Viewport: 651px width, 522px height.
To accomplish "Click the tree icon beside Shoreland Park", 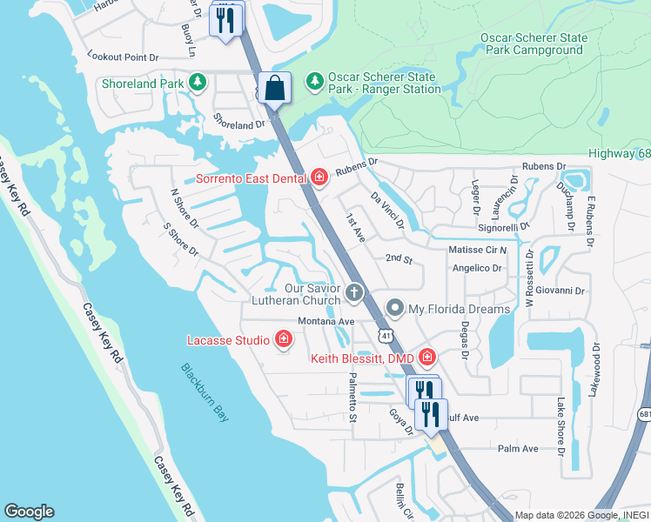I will pos(198,83).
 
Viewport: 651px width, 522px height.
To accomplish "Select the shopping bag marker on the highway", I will pos(274,89).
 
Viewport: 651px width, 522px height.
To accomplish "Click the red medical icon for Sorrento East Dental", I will pos(319,178).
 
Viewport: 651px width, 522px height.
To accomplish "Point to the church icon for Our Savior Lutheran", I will pos(354,293).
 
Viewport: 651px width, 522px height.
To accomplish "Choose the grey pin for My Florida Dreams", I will pos(395,308).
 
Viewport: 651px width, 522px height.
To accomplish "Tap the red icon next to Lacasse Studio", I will pos(283,339).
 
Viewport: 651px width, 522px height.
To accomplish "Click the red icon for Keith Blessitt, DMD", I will pos(426,357).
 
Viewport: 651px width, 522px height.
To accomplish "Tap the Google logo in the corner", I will pos(29,512).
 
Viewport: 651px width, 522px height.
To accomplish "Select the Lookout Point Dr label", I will pos(124,56).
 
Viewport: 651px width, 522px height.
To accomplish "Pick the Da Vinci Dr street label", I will pos(388,211).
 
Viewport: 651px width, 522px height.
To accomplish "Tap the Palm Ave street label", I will pos(518,449).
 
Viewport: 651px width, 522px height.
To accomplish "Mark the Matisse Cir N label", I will pos(478,250).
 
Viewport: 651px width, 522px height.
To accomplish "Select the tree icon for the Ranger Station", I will pos(313,81).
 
